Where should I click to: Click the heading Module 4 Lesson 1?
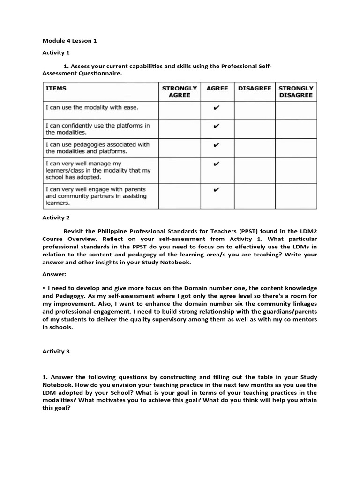coord(69,41)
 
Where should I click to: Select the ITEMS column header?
coord(56,88)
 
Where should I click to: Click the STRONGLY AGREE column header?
coord(179,91)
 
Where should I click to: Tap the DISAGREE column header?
coord(255,88)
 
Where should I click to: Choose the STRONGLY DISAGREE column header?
coord(296,91)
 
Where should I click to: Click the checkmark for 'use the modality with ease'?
coord(216,108)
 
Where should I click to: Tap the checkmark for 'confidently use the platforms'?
coord(216,126)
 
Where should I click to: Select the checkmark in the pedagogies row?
coord(216,145)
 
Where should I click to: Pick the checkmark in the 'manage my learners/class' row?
coord(216,164)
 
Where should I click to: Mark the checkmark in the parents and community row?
coord(216,190)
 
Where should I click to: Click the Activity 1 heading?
coord(56,53)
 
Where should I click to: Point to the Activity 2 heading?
coord(56,217)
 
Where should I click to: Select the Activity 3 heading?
coord(56,352)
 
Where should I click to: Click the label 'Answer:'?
coord(54,275)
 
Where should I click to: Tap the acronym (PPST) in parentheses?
coord(251,231)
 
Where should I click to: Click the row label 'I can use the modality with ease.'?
coord(92,107)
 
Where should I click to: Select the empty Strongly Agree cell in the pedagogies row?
coord(179,148)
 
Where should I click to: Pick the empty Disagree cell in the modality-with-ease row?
coord(255,110)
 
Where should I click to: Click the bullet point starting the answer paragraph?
coord(44,288)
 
